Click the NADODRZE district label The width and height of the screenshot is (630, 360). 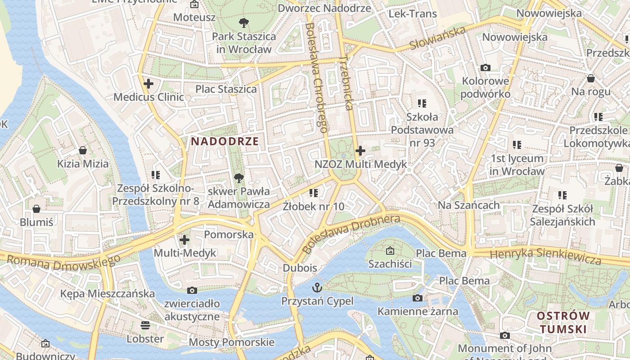(225, 141)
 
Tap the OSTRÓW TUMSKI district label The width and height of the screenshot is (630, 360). (563, 322)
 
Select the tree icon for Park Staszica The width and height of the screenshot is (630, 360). (243, 22)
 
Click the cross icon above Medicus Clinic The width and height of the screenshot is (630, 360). (148, 83)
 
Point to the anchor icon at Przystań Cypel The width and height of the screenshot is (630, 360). (318, 287)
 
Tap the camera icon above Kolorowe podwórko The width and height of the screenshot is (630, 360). (485, 67)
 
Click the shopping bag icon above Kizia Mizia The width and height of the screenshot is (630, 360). (83, 150)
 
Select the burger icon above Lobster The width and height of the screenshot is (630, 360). (145, 325)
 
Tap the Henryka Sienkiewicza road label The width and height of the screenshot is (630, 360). (545, 256)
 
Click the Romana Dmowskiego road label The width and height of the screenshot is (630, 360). (63, 262)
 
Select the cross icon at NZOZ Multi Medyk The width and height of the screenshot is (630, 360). (360, 151)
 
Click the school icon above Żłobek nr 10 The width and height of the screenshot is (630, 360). (314, 193)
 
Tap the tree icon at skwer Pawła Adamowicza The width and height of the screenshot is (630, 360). (239, 178)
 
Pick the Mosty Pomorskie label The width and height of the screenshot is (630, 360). (231, 342)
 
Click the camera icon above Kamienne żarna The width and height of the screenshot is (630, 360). (418, 298)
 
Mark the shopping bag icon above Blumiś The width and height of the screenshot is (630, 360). (36, 209)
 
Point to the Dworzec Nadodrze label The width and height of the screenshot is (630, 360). (324, 8)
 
